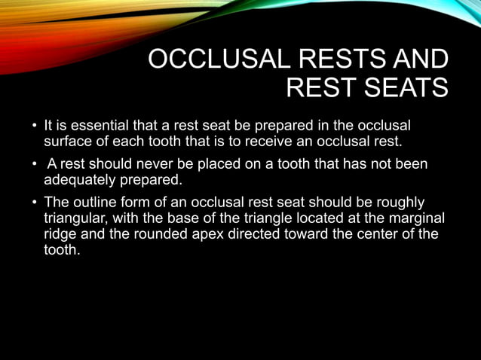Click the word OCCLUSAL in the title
coord(208,60)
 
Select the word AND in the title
coord(421,60)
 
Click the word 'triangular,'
coord(78,218)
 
